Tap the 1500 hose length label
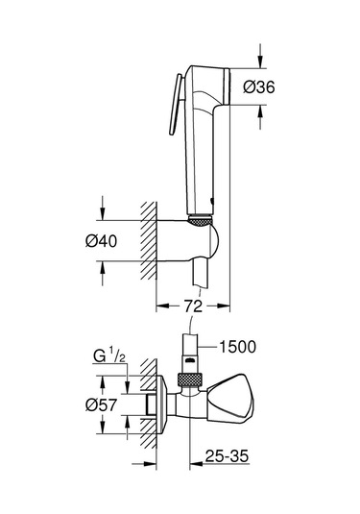(238, 344)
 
